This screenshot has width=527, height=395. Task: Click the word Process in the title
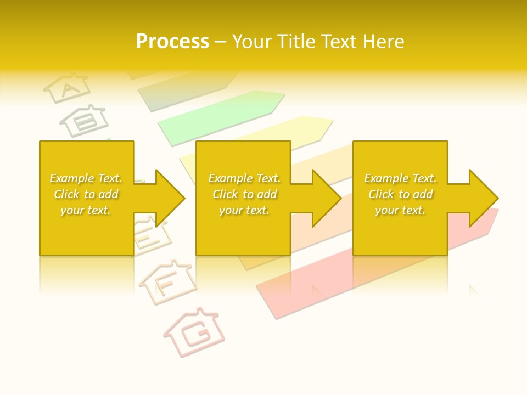coord(172,41)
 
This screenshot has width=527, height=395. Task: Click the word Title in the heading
coord(296,41)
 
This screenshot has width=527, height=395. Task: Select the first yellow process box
coord(86,236)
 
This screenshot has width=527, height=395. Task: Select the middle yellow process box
coord(243,236)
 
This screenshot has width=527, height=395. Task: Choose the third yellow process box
coord(400,236)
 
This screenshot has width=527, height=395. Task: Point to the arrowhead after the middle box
coord(324,198)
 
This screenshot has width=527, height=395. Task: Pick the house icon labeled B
coord(85,120)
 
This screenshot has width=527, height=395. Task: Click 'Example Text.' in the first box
coord(86,178)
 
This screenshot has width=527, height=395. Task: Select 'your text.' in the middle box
coord(243,210)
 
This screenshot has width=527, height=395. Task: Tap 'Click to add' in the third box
coord(400,194)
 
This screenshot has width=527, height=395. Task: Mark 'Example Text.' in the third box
coord(400,178)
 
